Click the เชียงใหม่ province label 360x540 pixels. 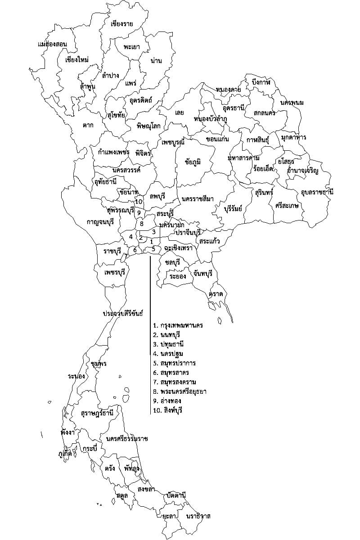76,60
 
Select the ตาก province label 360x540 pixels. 88,125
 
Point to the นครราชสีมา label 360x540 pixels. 198,199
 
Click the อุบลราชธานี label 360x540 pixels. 317,192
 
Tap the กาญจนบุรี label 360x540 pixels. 100,221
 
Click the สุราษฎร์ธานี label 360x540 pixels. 97,413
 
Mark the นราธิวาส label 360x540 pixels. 198,516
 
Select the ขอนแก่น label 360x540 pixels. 217,139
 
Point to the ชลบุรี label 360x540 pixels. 172,262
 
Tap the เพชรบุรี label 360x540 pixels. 114,273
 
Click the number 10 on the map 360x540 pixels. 139,202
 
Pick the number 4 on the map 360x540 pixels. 130,237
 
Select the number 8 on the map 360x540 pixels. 141,224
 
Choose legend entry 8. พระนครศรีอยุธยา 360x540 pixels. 180,391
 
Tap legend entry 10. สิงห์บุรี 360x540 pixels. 169,410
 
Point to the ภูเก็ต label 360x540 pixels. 65,454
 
